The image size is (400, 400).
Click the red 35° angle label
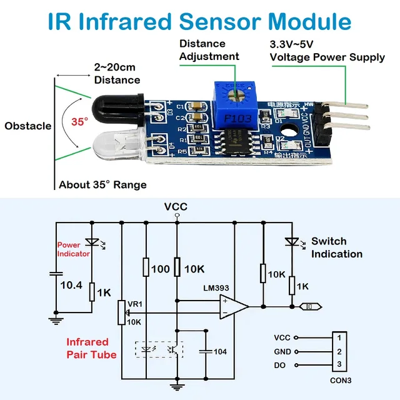pos(79,122)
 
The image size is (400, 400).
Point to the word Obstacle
pos(27,126)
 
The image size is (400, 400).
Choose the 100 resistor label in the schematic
pos(161,269)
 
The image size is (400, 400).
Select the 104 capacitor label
pos(220,352)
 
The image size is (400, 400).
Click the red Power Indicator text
pos(73,249)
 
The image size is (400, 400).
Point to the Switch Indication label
pos(336,247)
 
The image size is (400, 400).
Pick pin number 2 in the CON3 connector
pos(339,351)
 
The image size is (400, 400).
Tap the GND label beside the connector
pos(282,351)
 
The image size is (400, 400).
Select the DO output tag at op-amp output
pos(309,306)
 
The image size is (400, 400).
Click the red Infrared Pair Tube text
pos(91,348)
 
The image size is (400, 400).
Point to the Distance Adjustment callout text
pos(209,50)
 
